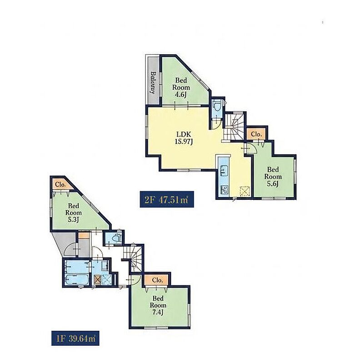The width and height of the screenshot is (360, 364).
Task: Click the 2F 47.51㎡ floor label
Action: point(167,199)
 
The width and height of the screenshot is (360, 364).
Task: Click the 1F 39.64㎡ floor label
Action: point(75,338)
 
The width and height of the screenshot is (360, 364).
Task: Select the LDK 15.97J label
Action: point(184,138)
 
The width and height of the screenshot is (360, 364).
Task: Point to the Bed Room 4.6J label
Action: point(181,87)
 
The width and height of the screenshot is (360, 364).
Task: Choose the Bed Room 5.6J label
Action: point(273,177)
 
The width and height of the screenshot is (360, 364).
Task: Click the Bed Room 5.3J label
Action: point(74,212)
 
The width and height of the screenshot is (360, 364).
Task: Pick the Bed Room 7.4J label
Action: point(158,305)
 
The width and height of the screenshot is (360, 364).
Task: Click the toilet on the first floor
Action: point(115,238)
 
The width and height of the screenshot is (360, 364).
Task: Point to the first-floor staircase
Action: point(133,258)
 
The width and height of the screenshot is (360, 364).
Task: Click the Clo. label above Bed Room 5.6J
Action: point(256,134)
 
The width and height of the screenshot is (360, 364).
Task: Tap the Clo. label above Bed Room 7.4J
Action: point(157,280)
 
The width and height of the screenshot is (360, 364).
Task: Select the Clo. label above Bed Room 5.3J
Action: point(60,185)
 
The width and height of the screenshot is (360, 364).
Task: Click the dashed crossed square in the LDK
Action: point(245,191)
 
